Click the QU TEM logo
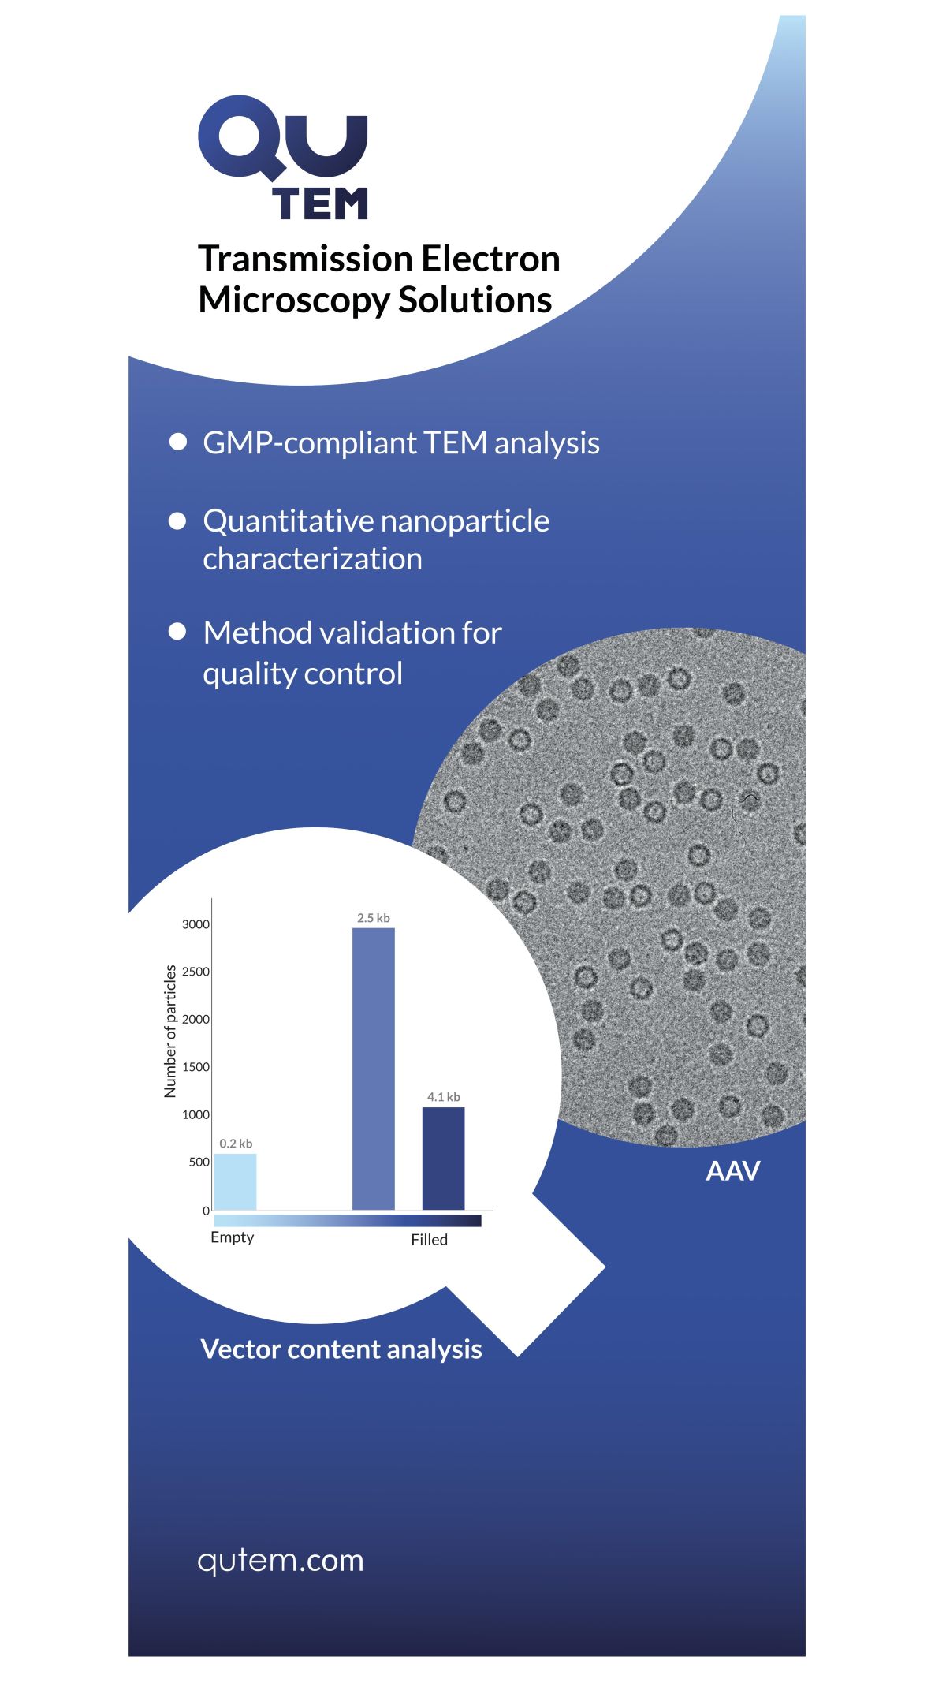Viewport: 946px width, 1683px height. [283, 158]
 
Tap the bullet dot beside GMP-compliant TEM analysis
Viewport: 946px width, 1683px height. [178, 442]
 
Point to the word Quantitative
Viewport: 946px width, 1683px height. [288, 521]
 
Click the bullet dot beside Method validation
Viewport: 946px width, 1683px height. [178, 632]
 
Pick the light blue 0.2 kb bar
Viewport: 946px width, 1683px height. [235, 1181]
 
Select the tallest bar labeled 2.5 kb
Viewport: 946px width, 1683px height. [374, 1069]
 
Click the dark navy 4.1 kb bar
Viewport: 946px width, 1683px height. [443, 1159]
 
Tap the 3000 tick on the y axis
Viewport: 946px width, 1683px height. [196, 924]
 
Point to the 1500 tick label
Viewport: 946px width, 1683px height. [196, 1067]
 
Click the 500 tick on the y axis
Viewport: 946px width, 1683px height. [199, 1162]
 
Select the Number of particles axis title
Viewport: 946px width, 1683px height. [170, 1031]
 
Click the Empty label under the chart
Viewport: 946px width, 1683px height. [233, 1237]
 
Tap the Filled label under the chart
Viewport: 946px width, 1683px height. [429, 1240]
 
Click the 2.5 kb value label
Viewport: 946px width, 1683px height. [374, 918]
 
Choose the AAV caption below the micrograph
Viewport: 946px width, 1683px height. [733, 1171]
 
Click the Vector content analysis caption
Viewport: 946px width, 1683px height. [341, 1349]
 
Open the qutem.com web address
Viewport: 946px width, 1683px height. [281, 1561]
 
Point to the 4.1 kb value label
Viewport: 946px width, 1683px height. [444, 1097]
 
